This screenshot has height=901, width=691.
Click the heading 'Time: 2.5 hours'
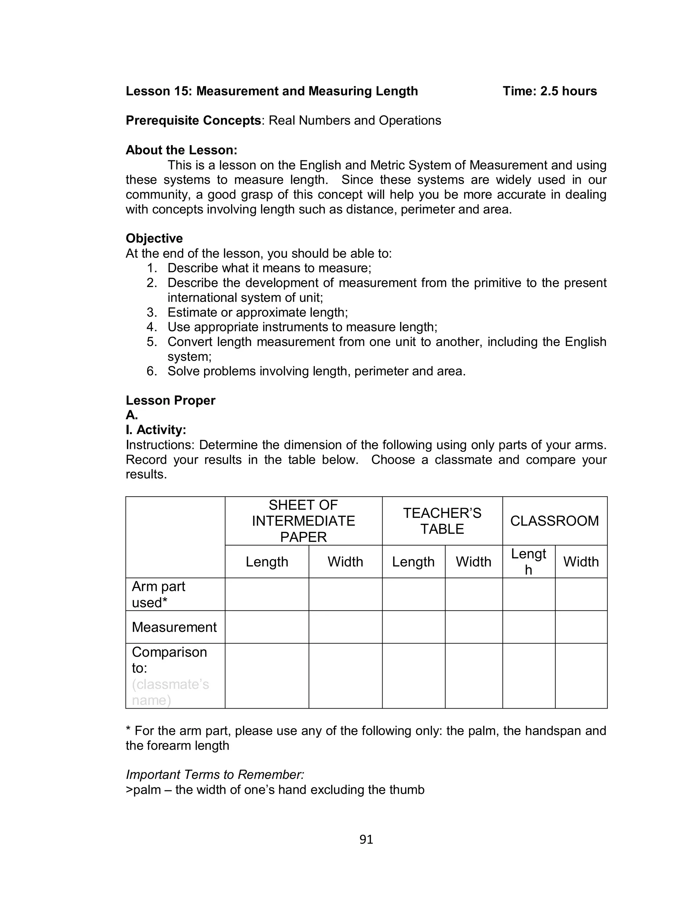(550, 91)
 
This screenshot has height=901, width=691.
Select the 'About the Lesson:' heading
(182, 150)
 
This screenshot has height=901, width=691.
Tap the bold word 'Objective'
(154, 238)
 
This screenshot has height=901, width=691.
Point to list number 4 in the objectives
(152, 327)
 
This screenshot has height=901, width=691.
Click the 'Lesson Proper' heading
(170, 400)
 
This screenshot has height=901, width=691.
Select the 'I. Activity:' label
(156, 430)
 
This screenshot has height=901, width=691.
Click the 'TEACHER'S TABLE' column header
(442, 521)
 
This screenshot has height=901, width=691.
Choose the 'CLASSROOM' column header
(554, 521)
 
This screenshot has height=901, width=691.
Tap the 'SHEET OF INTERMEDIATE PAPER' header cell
(304, 521)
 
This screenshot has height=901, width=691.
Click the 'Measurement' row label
(174, 627)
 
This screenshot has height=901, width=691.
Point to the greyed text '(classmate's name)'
(170, 692)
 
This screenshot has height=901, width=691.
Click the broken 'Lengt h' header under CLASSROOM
(528, 562)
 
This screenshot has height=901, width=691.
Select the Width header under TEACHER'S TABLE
(473, 562)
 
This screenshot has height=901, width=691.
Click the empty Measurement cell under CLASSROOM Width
(581, 627)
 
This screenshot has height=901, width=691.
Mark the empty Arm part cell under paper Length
(267, 594)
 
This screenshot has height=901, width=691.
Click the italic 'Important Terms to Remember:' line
(215, 775)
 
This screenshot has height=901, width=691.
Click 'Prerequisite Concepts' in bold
(193, 121)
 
